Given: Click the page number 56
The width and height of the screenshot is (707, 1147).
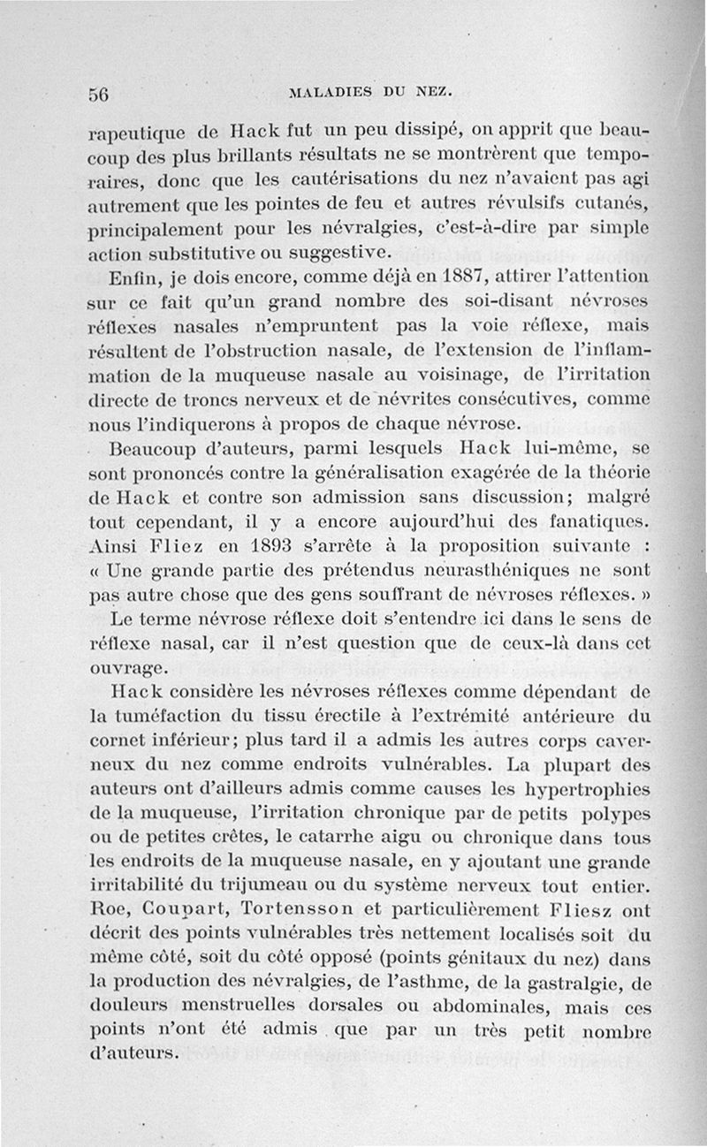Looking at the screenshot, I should (x=98, y=95).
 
